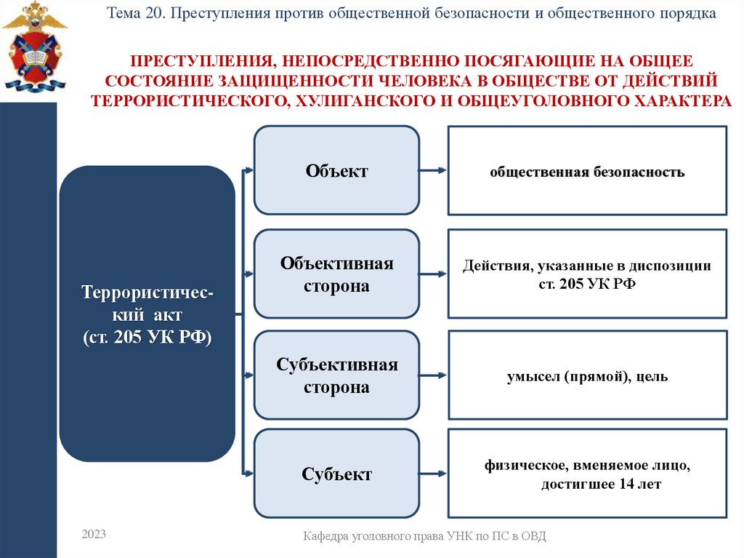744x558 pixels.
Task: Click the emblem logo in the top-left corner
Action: pyautogui.click(x=34, y=47)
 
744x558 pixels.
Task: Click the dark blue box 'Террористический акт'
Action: pyautogui.click(x=147, y=313)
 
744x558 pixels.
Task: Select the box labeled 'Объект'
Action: pyautogui.click(x=336, y=170)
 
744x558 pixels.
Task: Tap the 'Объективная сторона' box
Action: pyautogui.click(x=336, y=274)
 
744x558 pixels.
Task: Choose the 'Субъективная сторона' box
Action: pyautogui.click(x=336, y=375)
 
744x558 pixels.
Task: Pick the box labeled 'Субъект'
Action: pyautogui.click(x=336, y=474)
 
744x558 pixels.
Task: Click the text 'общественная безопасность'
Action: pyautogui.click(x=586, y=172)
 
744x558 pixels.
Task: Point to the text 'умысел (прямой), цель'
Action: pyautogui.click(x=586, y=377)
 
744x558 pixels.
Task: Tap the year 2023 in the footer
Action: pyautogui.click(x=94, y=535)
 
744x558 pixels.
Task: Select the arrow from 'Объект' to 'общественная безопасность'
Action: pyautogui.click(x=433, y=171)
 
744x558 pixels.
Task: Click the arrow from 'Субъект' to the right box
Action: pyautogui.click(x=433, y=475)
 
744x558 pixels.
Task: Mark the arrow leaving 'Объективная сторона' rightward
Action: pyautogui.click(x=433, y=274)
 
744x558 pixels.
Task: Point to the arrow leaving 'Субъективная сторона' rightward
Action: pyautogui.click(x=433, y=376)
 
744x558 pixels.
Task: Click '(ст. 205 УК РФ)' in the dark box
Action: pyautogui.click(x=147, y=338)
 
